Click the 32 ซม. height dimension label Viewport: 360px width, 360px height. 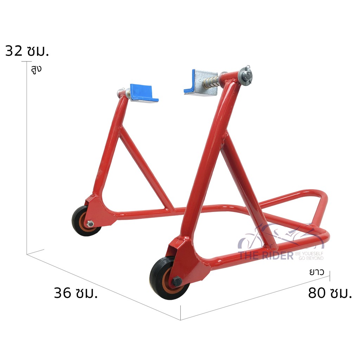coord(27,51)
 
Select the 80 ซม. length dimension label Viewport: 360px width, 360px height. coord(330,292)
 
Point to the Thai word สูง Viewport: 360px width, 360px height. coord(36,69)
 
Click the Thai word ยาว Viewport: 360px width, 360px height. coord(316,272)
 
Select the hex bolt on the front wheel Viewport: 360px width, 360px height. coord(176,281)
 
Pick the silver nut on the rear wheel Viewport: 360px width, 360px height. coord(90,223)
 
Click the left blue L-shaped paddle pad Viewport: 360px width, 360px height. coord(144,93)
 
